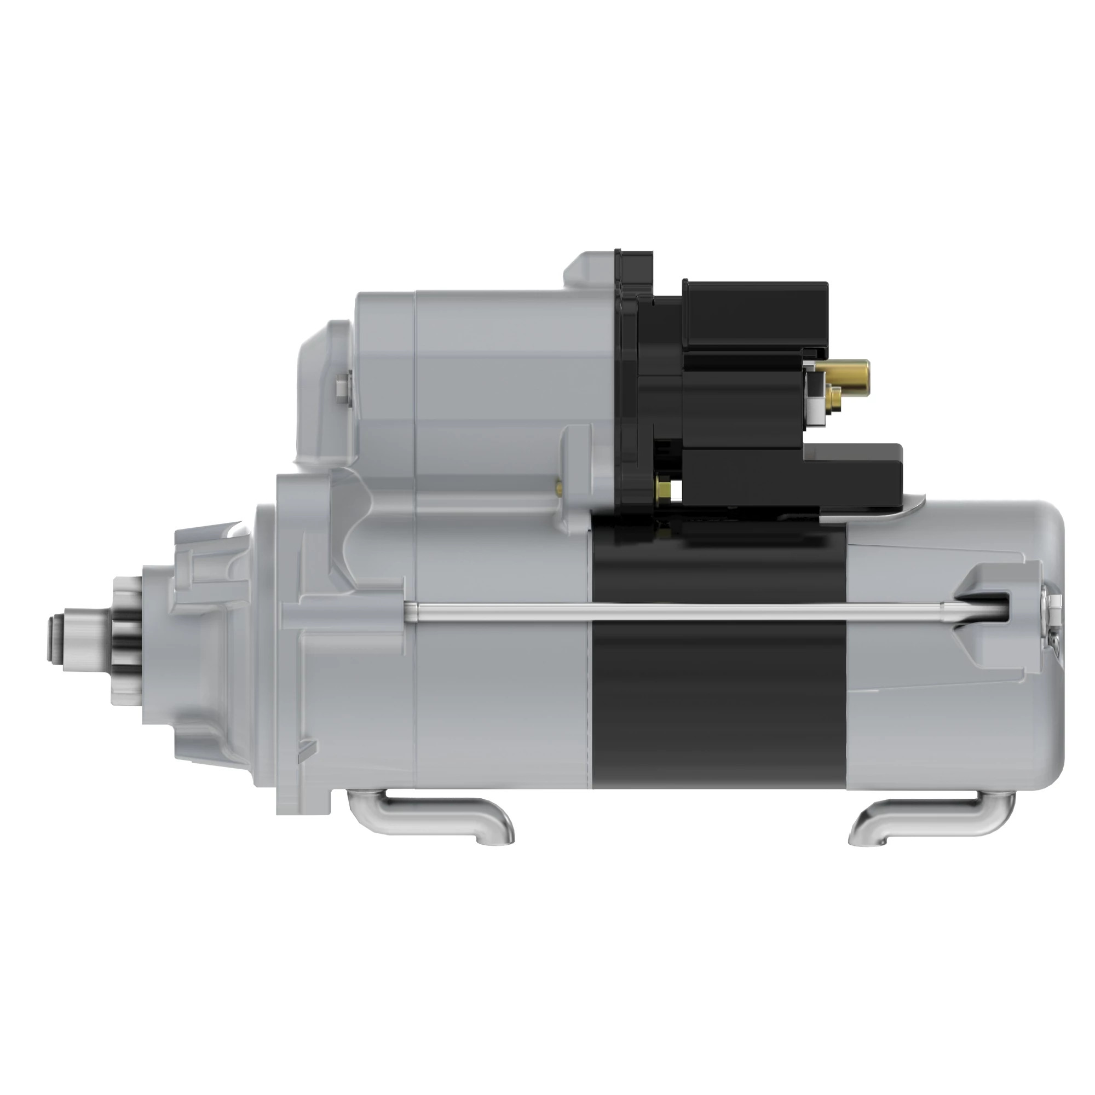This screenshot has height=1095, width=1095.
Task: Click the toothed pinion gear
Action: [x=128, y=641]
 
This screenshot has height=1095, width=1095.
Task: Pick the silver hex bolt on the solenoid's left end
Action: [x=342, y=388]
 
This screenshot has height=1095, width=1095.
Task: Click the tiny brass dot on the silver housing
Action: [x=559, y=486]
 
